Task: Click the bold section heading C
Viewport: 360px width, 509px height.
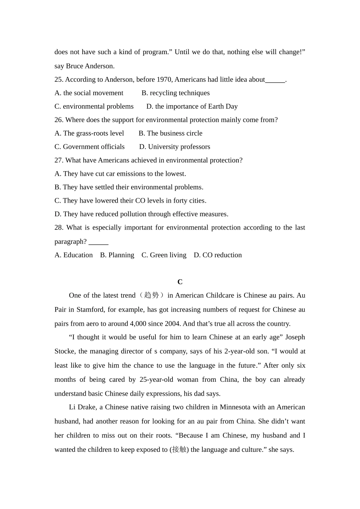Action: (180, 282)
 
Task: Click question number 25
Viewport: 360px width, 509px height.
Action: (59, 80)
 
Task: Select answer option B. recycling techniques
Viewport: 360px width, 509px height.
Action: (175, 93)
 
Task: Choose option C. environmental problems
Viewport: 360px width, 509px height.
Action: (94, 106)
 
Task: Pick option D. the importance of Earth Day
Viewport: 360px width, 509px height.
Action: (192, 106)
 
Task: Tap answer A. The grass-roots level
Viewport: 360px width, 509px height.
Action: (89, 133)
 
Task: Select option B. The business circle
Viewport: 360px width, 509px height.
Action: (171, 133)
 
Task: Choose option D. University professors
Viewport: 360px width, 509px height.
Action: (174, 147)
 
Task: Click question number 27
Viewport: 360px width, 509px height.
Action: (59, 160)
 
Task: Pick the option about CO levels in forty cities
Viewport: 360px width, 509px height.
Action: (130, 201)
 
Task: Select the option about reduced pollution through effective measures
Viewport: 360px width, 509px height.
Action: (141, 214)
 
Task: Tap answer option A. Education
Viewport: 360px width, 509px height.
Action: (74, 255)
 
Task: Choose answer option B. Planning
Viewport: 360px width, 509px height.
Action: (117, 255)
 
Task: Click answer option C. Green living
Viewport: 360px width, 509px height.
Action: (164, 255)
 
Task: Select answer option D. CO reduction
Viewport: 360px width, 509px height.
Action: (218, 255)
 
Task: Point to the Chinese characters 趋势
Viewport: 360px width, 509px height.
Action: (151, 295)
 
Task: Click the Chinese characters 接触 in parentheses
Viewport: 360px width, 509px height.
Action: (179, 450)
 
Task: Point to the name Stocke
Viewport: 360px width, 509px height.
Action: (65, 351)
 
